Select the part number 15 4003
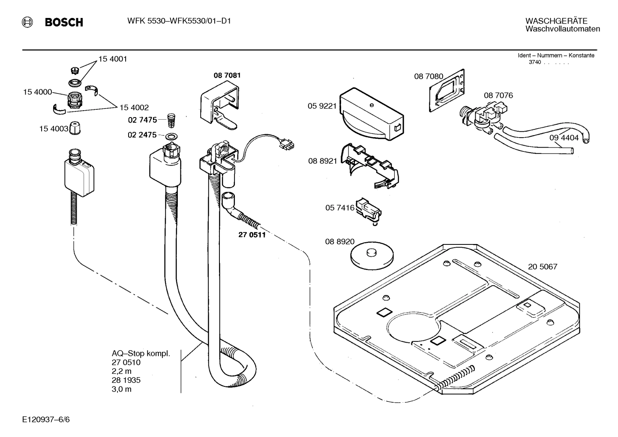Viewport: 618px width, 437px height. pyautogui.click(x=54, y=128)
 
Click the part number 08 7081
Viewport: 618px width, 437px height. pyautogui.click(x=227, y=75)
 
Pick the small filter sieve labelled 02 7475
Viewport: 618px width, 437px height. pyautogui.click(x=171, y=120)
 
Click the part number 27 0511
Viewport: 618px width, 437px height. pyautogui.click(x=252, y=235)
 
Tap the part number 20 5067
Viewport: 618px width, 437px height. pyautogui.click(x=543, y=267)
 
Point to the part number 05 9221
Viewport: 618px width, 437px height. pyautogui.click(x=322, y=106)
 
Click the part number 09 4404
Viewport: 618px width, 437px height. pyautogui.click(x=564, y=138)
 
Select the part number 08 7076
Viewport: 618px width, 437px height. pyautogui.click(x=498, y=96)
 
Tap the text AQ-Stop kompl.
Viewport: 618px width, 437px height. pyautogui.click(x=141, y=354)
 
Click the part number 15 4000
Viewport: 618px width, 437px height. pyautogui.click(x=37, y=92)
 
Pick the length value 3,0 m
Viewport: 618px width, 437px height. pyautogui.click(x=122, y=389)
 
